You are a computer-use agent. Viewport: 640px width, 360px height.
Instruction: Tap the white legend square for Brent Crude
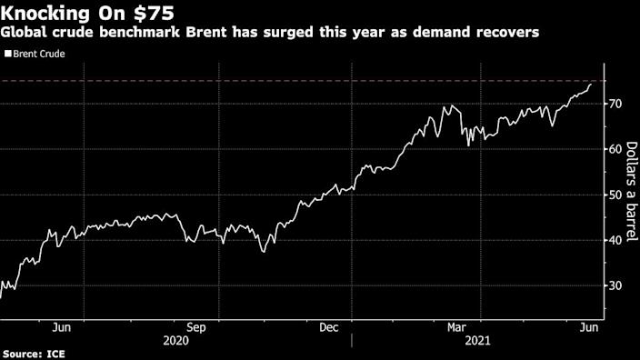pos(8,54)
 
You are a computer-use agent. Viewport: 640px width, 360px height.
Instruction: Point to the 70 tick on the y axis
pos(615,104)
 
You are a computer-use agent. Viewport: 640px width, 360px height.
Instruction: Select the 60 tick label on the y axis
pos(615,149)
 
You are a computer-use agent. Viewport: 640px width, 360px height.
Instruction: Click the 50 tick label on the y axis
pos(615,195)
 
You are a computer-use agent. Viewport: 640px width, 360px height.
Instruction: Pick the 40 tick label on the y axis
pos(615,240)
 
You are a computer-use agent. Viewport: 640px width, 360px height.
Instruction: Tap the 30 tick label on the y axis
pos(615,285)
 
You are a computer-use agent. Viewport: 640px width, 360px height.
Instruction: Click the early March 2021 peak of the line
pos(447,105)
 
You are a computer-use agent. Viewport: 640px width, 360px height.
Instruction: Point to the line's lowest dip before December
pos(264,251)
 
